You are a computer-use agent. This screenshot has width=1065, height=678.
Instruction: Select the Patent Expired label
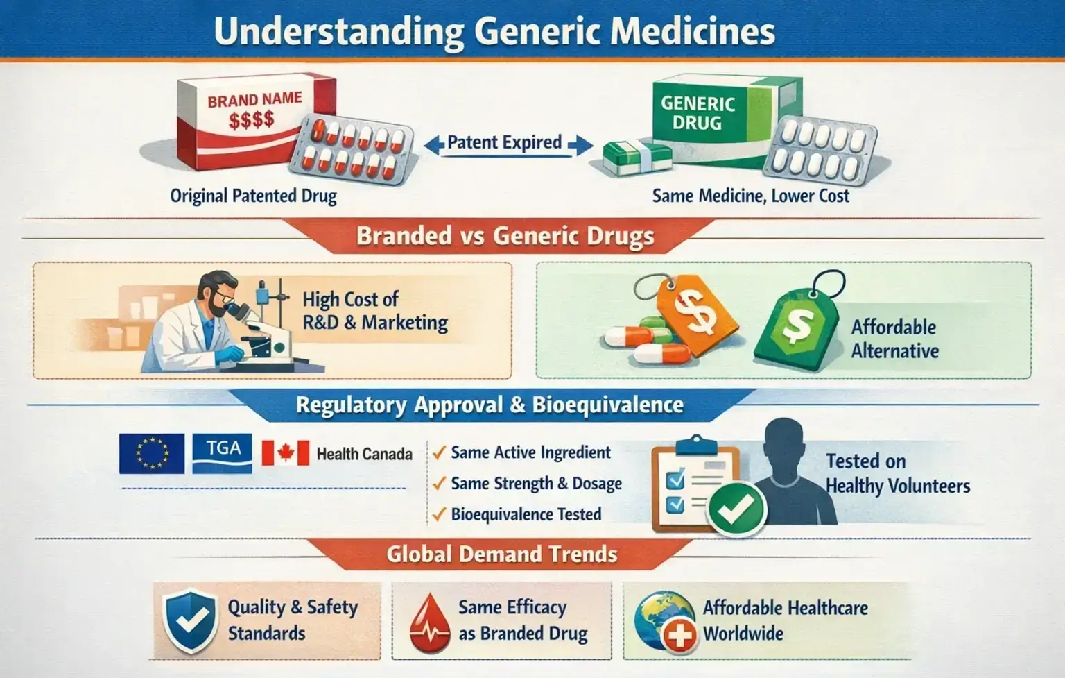click(504, 143)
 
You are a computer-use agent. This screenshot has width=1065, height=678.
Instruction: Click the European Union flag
click(152, 454)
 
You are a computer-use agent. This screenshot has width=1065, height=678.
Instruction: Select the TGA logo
click(222, 454)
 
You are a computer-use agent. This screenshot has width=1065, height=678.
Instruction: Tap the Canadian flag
click(286, 454)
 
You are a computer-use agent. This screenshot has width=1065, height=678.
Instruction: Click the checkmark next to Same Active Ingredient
click(438, 453)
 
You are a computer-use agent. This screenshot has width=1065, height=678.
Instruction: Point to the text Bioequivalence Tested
click(526, 514)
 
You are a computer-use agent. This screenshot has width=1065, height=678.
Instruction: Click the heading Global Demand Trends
click(501, 554)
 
